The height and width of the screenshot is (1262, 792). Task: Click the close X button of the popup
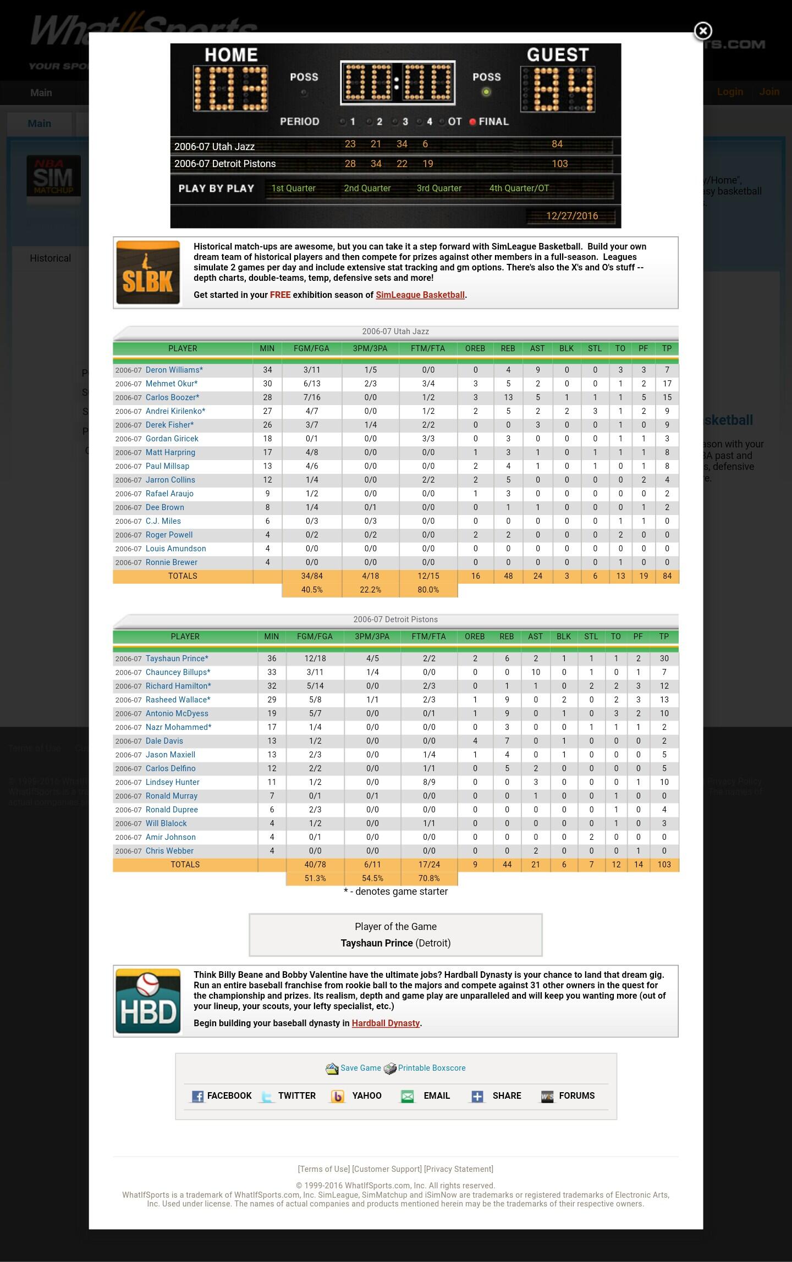coord(702,31)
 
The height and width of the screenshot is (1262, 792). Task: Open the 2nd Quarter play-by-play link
coord(367,188)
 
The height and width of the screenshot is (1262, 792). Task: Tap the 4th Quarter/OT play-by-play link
coord(519,188)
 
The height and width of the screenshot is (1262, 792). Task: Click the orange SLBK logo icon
coord(148,273)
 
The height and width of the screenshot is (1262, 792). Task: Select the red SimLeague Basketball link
coord(420,295)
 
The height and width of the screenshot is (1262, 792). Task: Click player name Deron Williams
coord(173,370)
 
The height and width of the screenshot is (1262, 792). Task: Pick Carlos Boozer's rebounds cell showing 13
coord(508,397)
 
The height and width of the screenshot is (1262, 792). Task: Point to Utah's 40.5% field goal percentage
coord(311,590)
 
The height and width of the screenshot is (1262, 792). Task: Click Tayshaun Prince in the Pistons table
coord(176,658)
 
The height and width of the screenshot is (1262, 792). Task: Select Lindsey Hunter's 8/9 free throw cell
coord(428,782)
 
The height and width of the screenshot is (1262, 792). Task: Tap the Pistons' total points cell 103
coord(664,865)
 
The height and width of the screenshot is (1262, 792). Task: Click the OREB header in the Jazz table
coord(475,348)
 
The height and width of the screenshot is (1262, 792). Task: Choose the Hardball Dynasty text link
coord(386,1023)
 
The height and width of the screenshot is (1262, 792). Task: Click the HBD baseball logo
coord(148,1001)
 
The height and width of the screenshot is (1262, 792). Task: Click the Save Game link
coord(360,1068)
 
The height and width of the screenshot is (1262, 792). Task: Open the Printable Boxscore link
coord(431,1068)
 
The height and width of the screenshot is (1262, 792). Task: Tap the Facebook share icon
coord(197,1096)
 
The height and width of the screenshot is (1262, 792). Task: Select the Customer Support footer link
coord(387,1169)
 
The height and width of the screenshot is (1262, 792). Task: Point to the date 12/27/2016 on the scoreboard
coord(571,216)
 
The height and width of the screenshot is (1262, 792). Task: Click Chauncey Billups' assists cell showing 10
coord(535,672)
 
